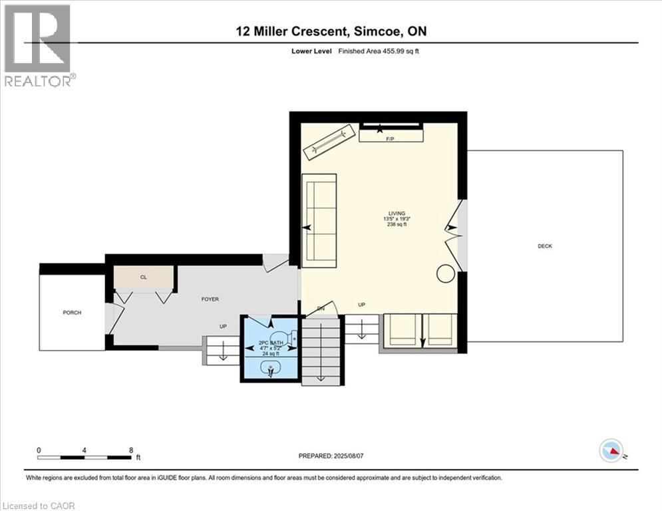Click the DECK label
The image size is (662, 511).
click(x=545, y=246)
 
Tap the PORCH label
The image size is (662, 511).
click(x=72, y=313)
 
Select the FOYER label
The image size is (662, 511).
click(x=210, y=299)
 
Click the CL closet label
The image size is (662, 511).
click(x=143, y=277)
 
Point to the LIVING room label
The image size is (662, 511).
click(x=397, y=213)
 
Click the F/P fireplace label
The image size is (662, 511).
click(x=391, y=139)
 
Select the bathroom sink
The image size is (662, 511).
click(x=271, y=369)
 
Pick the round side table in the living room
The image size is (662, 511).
click(x=445, y=273)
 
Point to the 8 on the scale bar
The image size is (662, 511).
click(x=131, y=450)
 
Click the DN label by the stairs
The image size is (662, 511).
click(x=320, y=308)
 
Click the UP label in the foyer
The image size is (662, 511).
click(x=224, y=326)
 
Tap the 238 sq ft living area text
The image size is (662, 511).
click(x=397, y=225)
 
